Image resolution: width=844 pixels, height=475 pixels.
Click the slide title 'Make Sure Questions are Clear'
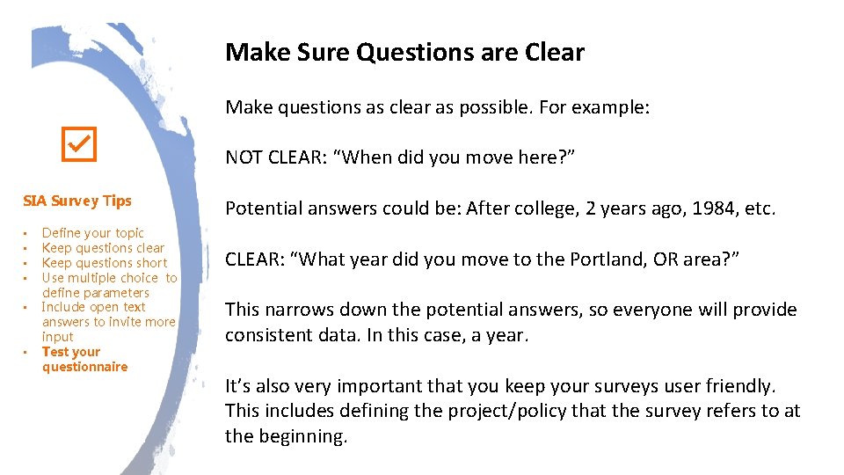tap(404, 53)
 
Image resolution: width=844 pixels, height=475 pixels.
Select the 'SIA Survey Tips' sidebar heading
tap(76, 201)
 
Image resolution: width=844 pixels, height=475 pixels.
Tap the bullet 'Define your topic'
tap(92, 233)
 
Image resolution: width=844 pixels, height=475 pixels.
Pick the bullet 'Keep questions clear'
tap(103, 248)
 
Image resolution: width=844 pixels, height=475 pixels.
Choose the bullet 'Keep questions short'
tap(104, 263)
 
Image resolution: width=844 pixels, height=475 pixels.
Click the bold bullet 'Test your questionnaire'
tap(84, 359)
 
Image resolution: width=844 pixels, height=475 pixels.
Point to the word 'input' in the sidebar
tap(58, 337)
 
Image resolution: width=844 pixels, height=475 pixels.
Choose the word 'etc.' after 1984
tap(758, 208)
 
